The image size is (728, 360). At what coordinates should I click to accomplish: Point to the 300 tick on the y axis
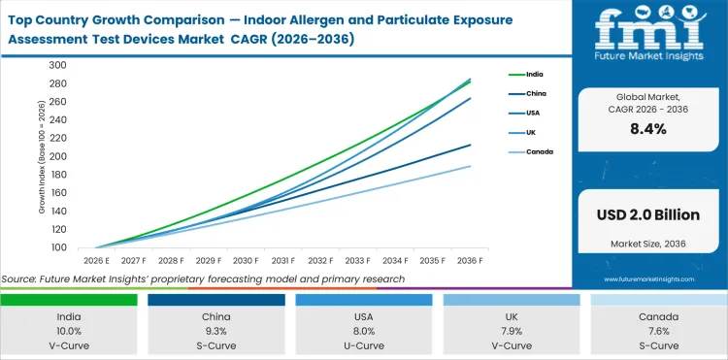pyautogui.click(x=56, y=65)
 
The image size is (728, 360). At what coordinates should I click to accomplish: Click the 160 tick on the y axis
pyautogui.click(x=56, y=193)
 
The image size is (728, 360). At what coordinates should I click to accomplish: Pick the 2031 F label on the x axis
pyautogui.click(x=283, y=260)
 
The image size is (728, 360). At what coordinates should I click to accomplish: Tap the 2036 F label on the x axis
pyautogui.click(x=471, y=260)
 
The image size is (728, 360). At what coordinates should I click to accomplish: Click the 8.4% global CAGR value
pyautogui.click(x=647, y=129)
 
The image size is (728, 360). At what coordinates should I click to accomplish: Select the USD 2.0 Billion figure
pyautogui.click(x=647, y=213)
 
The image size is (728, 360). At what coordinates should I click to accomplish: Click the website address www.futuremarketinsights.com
pyautogui.click(x=647, y=278)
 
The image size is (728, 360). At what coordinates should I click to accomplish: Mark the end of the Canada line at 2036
pyautogui.click(x=471, y=166)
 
